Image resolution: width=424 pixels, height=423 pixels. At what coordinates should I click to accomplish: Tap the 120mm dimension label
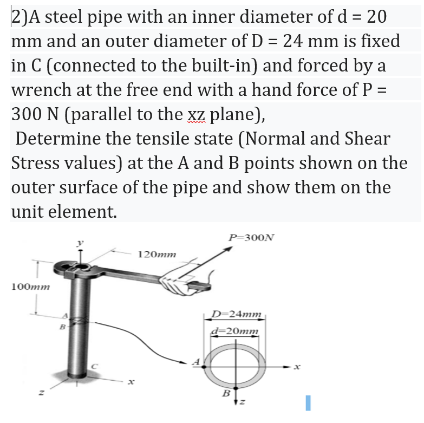click(x=158, y=253)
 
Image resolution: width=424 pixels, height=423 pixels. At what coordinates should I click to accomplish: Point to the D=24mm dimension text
click(x=236, y=314)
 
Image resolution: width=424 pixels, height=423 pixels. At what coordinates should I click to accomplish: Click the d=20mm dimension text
click(x=235, y=331)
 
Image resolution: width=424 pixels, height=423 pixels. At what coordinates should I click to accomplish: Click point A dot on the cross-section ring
click(x=204, y=367)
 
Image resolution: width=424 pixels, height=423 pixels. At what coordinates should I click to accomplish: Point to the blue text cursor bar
click(x=307, y=402)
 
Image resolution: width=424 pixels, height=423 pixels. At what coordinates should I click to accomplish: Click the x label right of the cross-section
click(x=296, y=367)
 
